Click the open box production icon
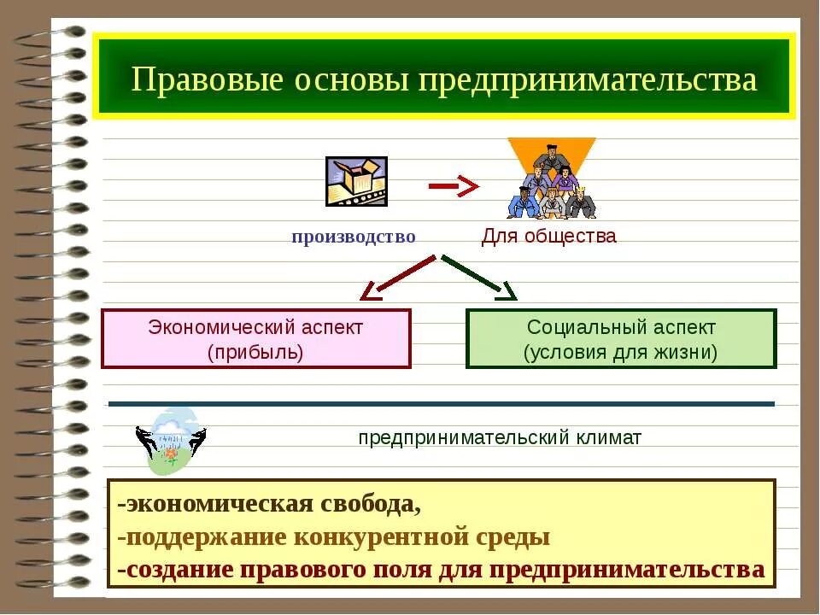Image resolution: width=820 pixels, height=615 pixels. (x=356, y=181)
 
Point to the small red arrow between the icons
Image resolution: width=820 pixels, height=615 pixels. (x=453, y=184)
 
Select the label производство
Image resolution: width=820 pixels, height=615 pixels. (x=353, y=237)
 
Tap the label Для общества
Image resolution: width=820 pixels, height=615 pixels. (x=548, y=237)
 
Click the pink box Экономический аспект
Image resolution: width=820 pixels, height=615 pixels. (x=255, y=338)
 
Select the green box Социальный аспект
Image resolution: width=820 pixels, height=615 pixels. (x=621, y=338)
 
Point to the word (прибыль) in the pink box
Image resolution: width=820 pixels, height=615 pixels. (x=255, y=351)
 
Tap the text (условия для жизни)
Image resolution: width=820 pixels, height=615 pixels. (x=621, y=351)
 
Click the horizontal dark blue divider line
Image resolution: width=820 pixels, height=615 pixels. (x=441, y=403)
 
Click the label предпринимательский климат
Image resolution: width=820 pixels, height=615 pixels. (x=500, y=438)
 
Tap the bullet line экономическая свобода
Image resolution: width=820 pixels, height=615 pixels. (x=269, y=504)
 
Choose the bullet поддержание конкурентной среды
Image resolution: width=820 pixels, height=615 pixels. (x=333, y=537)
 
